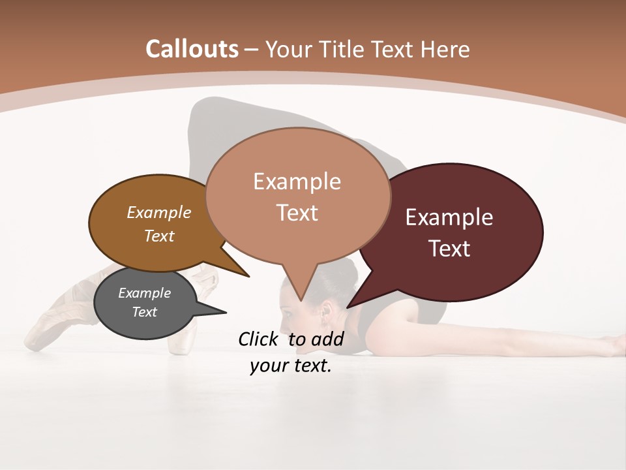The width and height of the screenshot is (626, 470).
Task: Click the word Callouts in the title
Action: coord(192,49)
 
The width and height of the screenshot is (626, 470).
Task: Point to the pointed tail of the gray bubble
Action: coord(218,312)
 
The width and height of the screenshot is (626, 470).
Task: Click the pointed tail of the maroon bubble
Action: coord(352,304)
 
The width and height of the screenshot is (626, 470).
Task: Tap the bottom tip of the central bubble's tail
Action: coord(301,300)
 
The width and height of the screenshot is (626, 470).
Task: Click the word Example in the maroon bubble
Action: coord(449,217)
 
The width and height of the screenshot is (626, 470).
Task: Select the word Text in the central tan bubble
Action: coord(297,213)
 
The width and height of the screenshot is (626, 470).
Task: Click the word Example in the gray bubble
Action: coord(144,293)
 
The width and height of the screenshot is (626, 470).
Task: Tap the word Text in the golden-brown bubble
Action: coord(158,236)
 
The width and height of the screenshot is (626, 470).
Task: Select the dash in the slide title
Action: coord(252,49)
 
